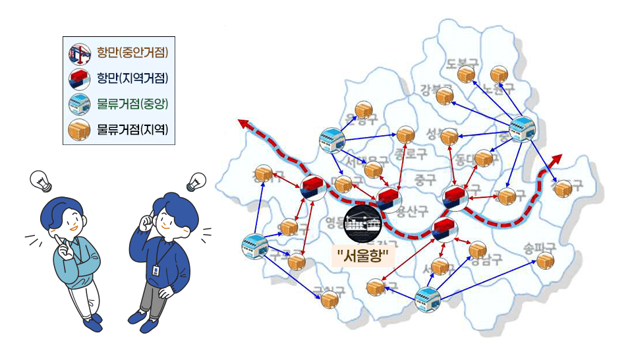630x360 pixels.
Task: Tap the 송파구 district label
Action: tap(540, 249)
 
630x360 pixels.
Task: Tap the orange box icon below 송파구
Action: tap(545, 261)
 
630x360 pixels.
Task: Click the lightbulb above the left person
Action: tap(42, 180)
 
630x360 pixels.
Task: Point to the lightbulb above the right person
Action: tap(196, 181)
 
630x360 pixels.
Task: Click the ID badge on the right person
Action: tap(156, 270)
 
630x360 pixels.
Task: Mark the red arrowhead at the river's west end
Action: tap(243, 124)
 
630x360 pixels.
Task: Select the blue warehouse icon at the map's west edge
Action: tap(254, 245)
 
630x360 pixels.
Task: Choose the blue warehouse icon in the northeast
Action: tap(522, 129)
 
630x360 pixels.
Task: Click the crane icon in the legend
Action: tap(79, 52)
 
